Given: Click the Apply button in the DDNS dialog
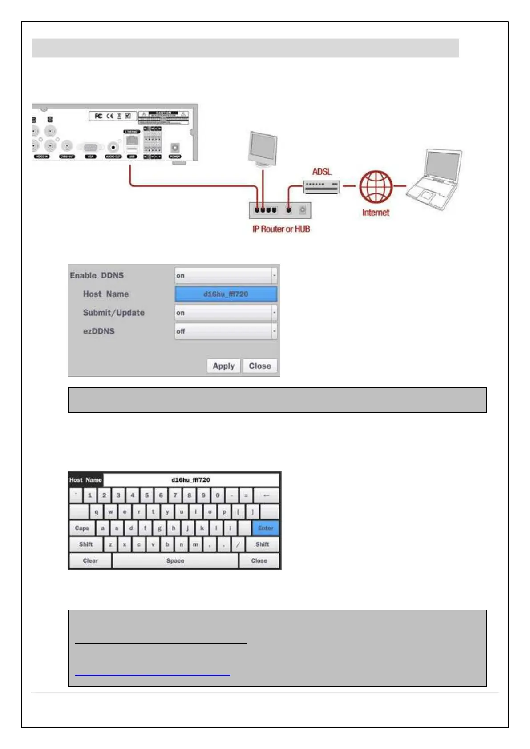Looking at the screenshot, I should (223, 366).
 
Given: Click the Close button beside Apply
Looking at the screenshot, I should (260, 366).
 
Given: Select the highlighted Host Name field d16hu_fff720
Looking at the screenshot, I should (226, 294).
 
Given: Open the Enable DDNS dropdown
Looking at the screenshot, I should (226, 276).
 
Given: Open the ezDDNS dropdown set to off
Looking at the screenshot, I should (226, 331).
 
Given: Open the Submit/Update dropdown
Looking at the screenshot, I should (226, 313).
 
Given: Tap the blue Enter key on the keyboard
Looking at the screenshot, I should (266, 528).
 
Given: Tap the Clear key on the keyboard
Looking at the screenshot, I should (90, 560).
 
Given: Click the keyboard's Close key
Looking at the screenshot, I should (259, 560).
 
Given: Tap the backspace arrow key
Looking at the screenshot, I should (266, 495).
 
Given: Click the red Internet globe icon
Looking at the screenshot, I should (376, 187).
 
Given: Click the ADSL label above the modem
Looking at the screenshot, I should (322, 172).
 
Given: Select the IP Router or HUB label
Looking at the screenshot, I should (281, 229).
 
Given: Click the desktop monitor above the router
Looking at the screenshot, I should (263, 149).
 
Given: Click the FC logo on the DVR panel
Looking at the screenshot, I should (98, 116).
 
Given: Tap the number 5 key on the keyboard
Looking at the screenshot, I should (146, 495).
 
